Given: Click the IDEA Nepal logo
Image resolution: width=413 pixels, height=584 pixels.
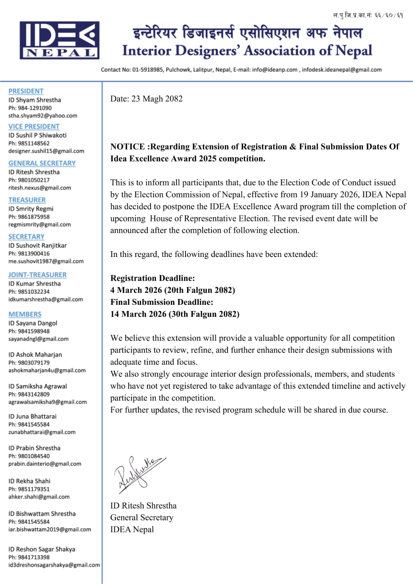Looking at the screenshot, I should pos(60,40).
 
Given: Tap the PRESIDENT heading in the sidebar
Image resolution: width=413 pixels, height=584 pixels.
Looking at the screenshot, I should pos(26,91).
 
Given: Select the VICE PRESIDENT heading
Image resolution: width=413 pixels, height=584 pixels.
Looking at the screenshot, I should pos(34,126).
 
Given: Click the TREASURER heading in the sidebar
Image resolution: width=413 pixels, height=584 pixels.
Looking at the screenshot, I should pos(27,200).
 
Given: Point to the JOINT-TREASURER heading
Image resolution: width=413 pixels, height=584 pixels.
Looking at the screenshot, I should pos(38,274).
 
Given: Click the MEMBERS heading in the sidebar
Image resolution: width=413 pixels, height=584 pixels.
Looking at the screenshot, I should pos(25,314).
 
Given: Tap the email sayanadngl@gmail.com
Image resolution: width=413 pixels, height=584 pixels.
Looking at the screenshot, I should pos(38,339).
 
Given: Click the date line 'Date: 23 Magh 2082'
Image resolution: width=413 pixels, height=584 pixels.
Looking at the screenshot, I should pos(146,99).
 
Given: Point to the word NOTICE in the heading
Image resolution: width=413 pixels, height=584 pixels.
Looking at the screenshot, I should pos(128,147).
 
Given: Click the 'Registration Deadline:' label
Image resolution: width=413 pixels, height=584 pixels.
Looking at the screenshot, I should pos(153,278).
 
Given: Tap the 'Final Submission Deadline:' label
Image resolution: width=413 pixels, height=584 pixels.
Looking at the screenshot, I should pos(162,302).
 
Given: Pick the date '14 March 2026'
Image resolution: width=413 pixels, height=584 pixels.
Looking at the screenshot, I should pos(138,314).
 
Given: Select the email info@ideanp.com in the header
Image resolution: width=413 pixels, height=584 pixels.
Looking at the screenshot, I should pos(275,70).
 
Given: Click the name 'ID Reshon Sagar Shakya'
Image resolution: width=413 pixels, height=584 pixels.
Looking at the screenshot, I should pos(42,549).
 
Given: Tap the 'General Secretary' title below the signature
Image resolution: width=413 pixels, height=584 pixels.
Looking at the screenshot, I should pos(142,518).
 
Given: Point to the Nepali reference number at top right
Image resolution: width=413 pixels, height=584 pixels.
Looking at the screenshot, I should pos(368,15).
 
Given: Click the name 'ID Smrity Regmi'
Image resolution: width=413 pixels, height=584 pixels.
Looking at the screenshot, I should pos(31,209).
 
